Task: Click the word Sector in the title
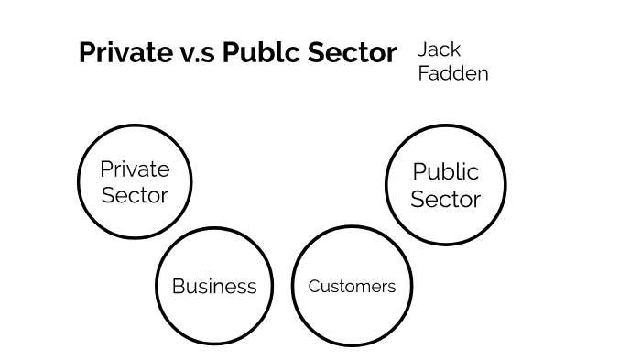click(x=353, y=52)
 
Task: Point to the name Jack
click(x=440, y=49)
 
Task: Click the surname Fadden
click(x=453, y=73)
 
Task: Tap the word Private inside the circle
click(x=135, y=169)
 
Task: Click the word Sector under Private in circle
click(x=135, y=194)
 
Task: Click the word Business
click(x=214, y=286)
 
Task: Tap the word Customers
click(x=352, y=286)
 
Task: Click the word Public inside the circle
click(x=446, y=171)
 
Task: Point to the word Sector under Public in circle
click(x=446, y=199)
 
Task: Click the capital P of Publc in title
click(x=229, y=52)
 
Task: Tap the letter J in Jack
click(x=424, y=49)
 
